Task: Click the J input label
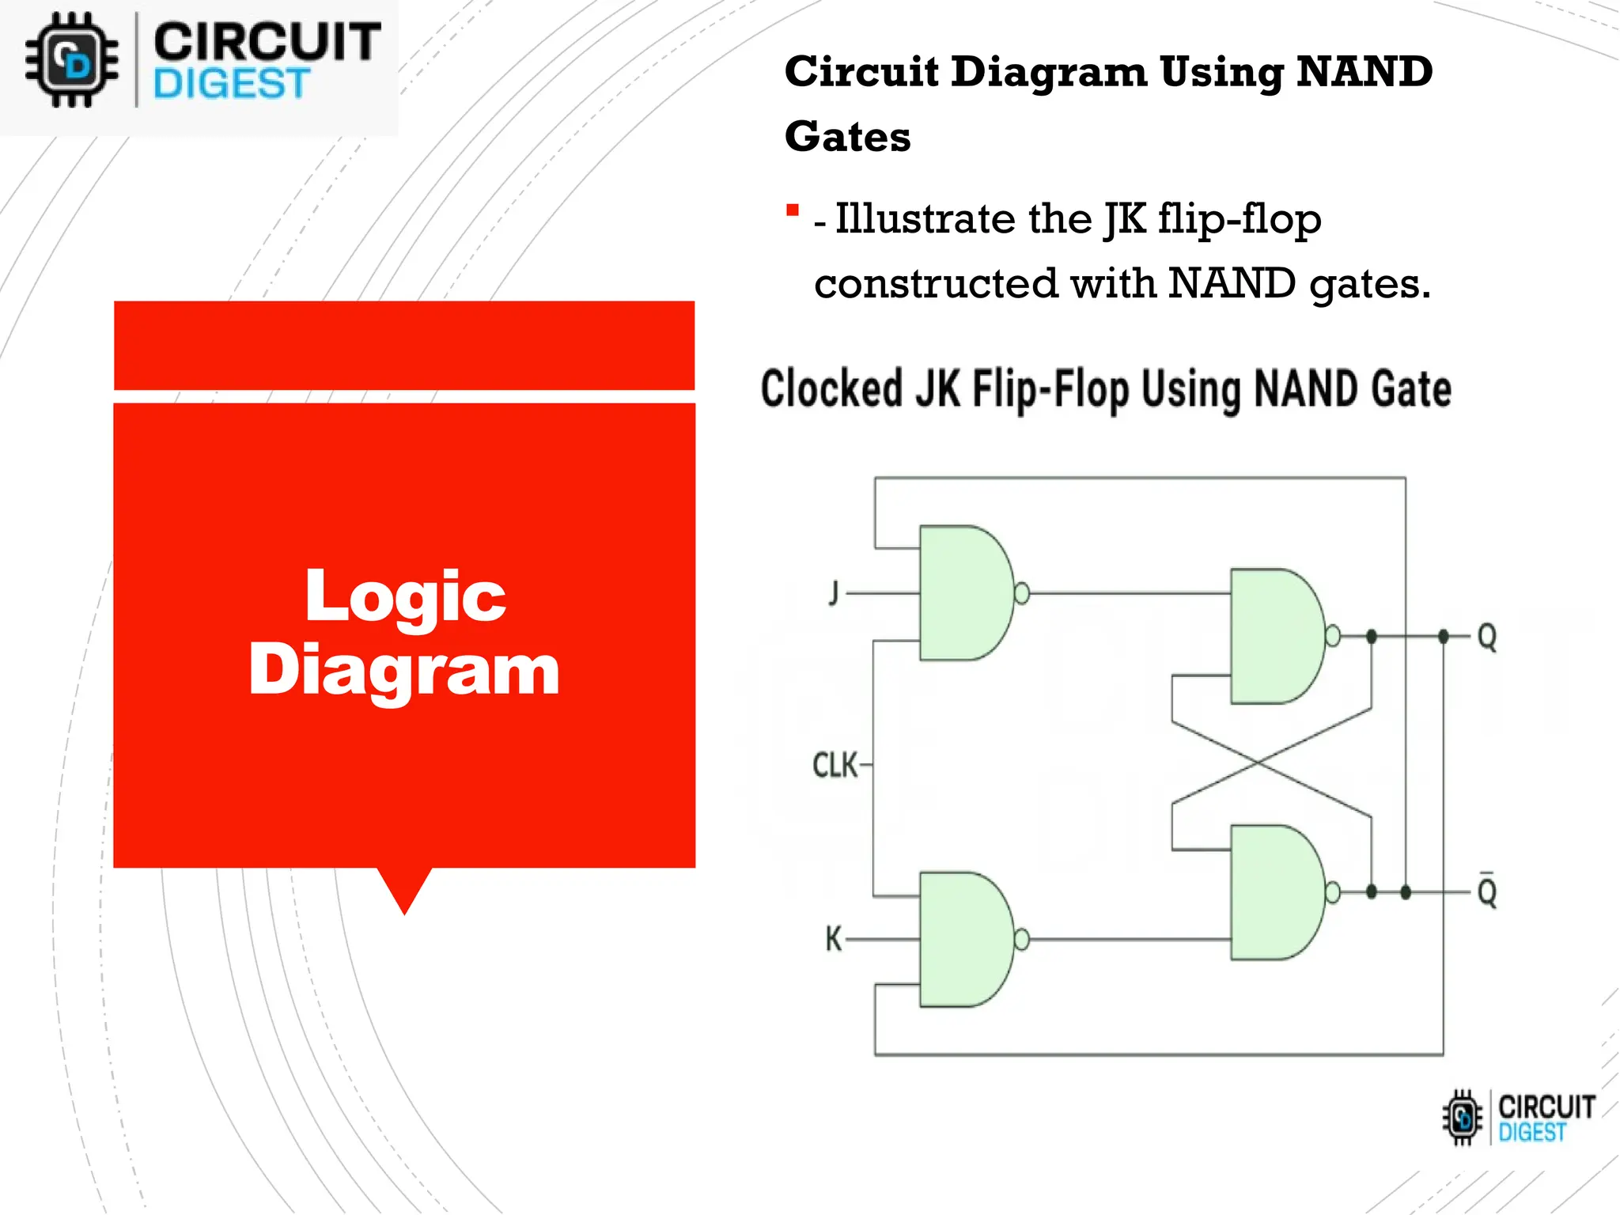pyautogui.click(x=833, y=592)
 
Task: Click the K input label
pyautogui.click(x=833, y=939)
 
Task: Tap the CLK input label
pyautogui.click(x=835, y=765)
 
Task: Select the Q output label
pyautogui.click(x=1487, y=636)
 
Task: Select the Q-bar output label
pyautogui.click(x=1487, y=892)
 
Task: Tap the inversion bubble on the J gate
pyautogui.click(x=1022, y=592)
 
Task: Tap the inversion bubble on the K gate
pyautogui.click(x=1022, y=939)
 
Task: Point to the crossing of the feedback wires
pyautogui.click(x=1259, y=762)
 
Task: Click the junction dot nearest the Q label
pyautogui.click(x=1444, y=636)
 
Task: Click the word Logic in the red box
pyautogui.click(x=405, y=596)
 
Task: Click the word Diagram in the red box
pyautogui.click(x=404, y=670)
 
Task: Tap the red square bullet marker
pyautogui.click(x=793, y=210)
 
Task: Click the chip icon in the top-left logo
pyautogui.click(x=72, y=60)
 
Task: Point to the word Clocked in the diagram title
pyautogui.click(x=831, y=389)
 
